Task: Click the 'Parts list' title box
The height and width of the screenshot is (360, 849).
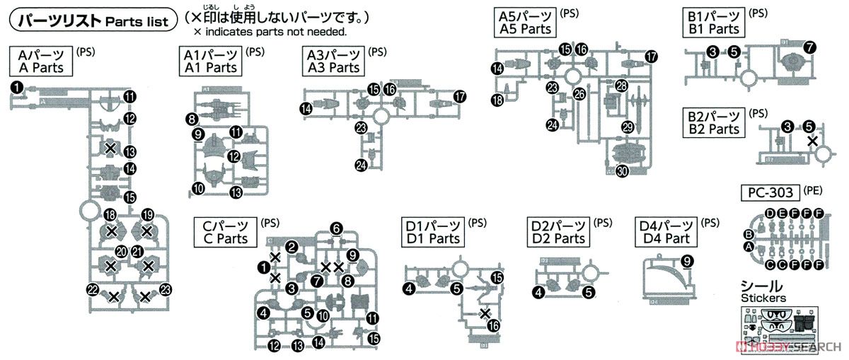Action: point(91,22)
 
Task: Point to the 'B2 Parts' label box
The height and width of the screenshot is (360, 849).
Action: point(712,122)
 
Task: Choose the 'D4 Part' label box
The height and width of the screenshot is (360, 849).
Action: point(666,231)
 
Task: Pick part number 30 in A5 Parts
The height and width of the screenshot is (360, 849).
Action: point(622,170)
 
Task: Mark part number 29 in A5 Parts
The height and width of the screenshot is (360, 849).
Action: point(627,127)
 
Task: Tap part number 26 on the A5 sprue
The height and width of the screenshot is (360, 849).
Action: point(579,93)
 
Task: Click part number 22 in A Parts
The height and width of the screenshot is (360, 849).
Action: point(92,289)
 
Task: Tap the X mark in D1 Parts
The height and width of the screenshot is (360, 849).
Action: point(485,314)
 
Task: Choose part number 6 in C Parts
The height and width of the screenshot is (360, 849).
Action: point(337,228)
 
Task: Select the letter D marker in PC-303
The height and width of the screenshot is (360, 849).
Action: point(769,214)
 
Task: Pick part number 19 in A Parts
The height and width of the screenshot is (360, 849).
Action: point(148,215)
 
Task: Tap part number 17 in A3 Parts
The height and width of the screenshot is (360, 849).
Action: point(461,96)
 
